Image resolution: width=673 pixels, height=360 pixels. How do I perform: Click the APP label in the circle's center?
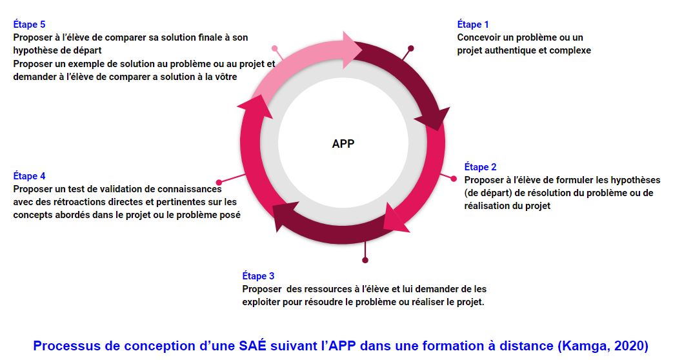(x=343, y=144)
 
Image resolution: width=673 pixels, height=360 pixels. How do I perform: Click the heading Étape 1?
(x=472, y=25)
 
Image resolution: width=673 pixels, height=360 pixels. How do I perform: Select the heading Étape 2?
(x=480, y=167)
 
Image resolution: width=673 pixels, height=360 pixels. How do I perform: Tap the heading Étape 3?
(x=258, y=276)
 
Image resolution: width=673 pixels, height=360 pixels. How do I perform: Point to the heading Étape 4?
(x=29, y=176)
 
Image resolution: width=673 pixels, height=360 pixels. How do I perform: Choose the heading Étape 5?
(x=29, y=25)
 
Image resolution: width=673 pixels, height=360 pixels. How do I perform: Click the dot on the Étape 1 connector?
(x=411, y=48)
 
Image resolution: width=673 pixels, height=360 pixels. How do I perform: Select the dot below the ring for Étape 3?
(x=365, y=260)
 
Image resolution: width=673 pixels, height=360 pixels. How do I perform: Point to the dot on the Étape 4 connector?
(x=219, y=183)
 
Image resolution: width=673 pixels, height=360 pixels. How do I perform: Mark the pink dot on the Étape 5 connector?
(x=275, y=48)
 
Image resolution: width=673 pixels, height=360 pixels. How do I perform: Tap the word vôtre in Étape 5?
(x=224, y=77)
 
